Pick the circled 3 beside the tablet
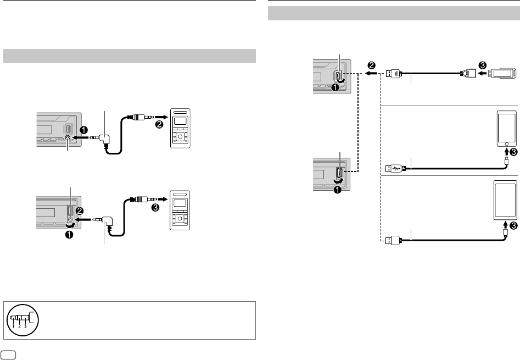(x=513, y=225)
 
